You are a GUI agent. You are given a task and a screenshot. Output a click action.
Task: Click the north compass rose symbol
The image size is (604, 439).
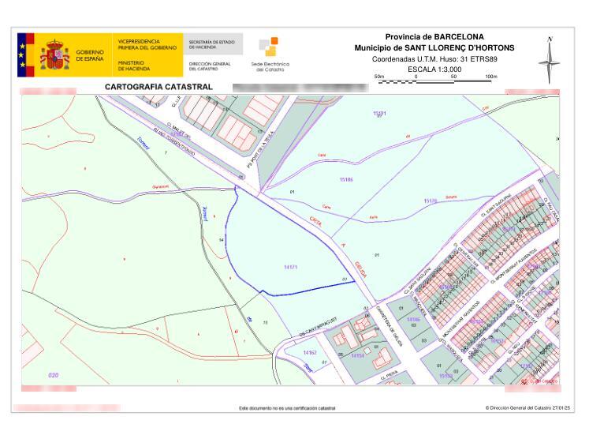point(550,60)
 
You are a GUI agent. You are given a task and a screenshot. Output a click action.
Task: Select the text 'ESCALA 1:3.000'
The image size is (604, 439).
point(434,69)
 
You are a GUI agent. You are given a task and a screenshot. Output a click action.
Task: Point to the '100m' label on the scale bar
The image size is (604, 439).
point(491,77)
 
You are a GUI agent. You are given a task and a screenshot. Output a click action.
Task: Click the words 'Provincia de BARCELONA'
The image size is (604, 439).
point(434,37)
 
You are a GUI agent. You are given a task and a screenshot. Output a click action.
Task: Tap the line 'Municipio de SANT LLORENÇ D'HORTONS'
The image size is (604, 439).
point(434,47)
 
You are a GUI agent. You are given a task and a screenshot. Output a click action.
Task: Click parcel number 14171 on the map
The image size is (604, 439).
point(290,268)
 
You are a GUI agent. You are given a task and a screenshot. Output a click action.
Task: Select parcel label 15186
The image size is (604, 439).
point(346,180)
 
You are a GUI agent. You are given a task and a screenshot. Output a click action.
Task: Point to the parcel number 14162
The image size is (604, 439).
point(309,352)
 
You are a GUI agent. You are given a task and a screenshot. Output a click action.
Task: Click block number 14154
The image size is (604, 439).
point(357,355)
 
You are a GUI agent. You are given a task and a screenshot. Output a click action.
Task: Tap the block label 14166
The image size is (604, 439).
point(413,320)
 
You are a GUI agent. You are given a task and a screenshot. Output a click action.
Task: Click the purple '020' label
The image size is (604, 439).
point(54,374)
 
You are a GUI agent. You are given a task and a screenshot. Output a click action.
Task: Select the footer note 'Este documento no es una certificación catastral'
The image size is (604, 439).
point(287,408)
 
